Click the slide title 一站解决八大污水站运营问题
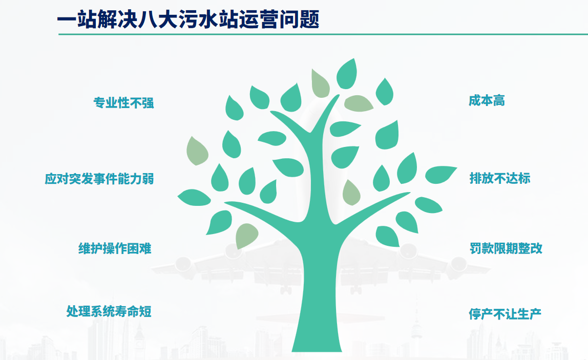[x=188, y=19]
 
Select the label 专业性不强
[x=124, y=103]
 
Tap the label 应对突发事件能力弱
[x=99, y=179]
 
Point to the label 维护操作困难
[x=115, y=248]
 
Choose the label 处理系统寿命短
[x=109, y=311]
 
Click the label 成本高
[x=487, y=100]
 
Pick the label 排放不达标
[x=500, y=178]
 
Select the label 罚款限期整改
[x=506, y=248]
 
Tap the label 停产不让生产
[x=505, y=314]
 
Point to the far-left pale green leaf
[x=197, y=151]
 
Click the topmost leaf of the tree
[x=346, y=74]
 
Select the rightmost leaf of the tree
[x=440, y=175]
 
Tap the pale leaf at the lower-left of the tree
[x=246, y=236]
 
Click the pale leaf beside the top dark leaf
[x=320, y=83]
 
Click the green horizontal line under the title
[x=323, y=34]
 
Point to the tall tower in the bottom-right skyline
[x=416, y=330]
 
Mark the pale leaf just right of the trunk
[x=351, y=193]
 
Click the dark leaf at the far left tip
[x=194, y=198]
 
